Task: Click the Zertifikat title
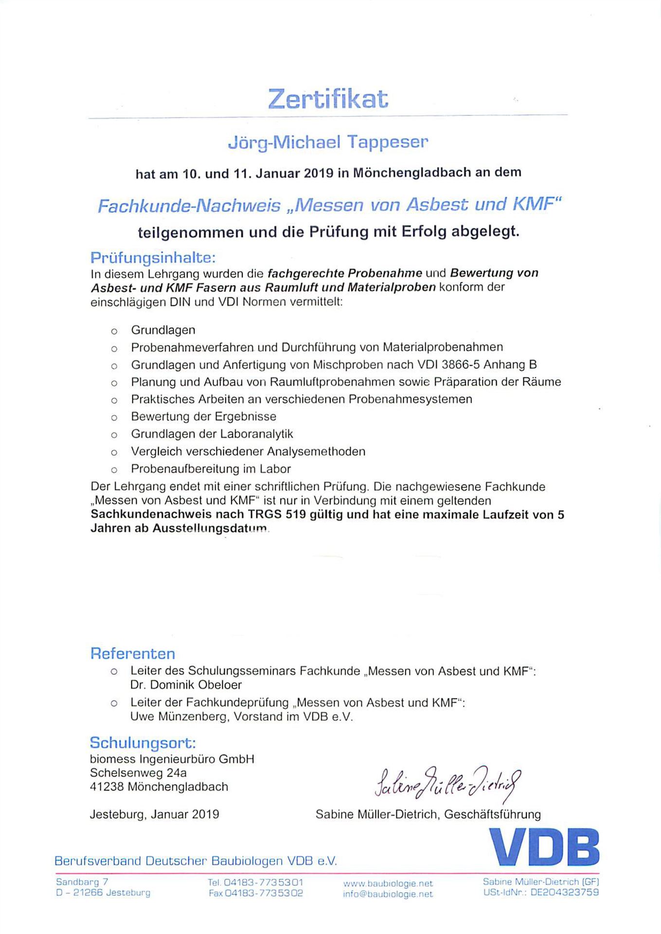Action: [328, 99]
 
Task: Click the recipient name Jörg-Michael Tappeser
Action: [328, 143]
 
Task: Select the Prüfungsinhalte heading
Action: [153, 257]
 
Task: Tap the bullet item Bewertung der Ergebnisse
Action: [203, 416]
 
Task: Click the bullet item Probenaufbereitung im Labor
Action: [211, 469]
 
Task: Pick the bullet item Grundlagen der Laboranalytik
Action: [212, 434]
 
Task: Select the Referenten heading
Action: [132, 653]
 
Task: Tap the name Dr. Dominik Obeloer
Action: [186, 685]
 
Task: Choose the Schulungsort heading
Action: [143, 743]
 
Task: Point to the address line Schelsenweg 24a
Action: [138, 773]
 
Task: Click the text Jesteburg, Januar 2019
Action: [154, 814]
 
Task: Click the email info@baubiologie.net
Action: [388, 894]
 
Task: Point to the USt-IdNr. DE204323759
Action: [541, 893]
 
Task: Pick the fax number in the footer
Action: [256, 893]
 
